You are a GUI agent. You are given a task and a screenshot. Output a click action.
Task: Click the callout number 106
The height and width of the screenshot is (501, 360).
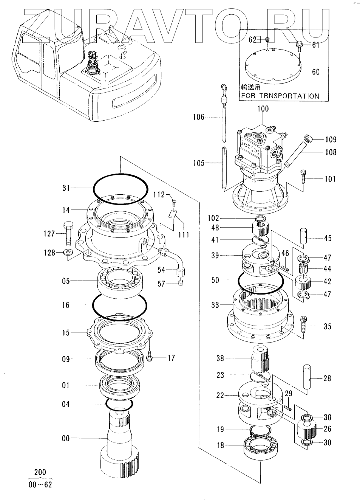click(x=199, y=117)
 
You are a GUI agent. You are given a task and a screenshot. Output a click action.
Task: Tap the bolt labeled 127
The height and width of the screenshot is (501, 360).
click(x=68, y=234)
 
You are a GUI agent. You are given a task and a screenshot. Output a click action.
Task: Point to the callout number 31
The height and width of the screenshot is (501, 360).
click(x=66, y=188)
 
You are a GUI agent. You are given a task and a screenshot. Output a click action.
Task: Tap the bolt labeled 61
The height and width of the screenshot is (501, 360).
click(x=300, y=46)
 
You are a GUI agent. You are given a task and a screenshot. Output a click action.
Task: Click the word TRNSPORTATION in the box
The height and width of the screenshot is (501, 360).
click(x=289, y=96)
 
